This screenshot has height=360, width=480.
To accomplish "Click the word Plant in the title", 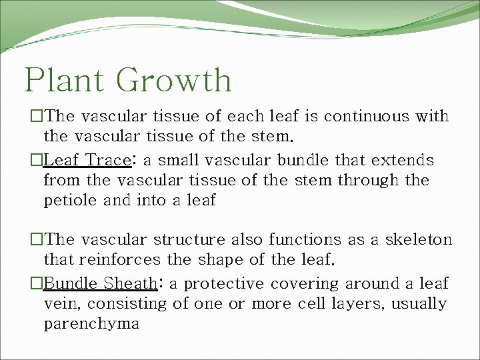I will (65, 81).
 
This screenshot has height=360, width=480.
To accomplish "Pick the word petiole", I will (69, 200).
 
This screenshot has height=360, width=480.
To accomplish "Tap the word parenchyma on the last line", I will (91, 324).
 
